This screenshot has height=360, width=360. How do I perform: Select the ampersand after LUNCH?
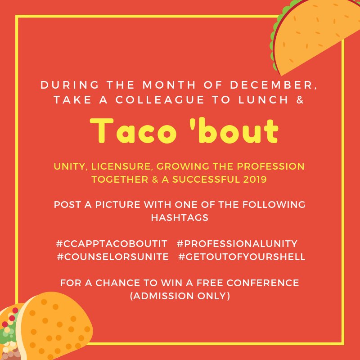[x=299, y=100]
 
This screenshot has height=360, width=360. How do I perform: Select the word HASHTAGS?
[x=180, y=218]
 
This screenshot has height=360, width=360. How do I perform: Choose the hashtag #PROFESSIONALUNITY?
[x=237, y=243]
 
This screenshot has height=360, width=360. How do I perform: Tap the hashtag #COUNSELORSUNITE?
[x=113, y=257]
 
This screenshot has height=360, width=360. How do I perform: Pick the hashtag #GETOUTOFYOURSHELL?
[x=242, y=257]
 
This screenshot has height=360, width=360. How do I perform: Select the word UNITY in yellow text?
[x=71, y=166]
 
